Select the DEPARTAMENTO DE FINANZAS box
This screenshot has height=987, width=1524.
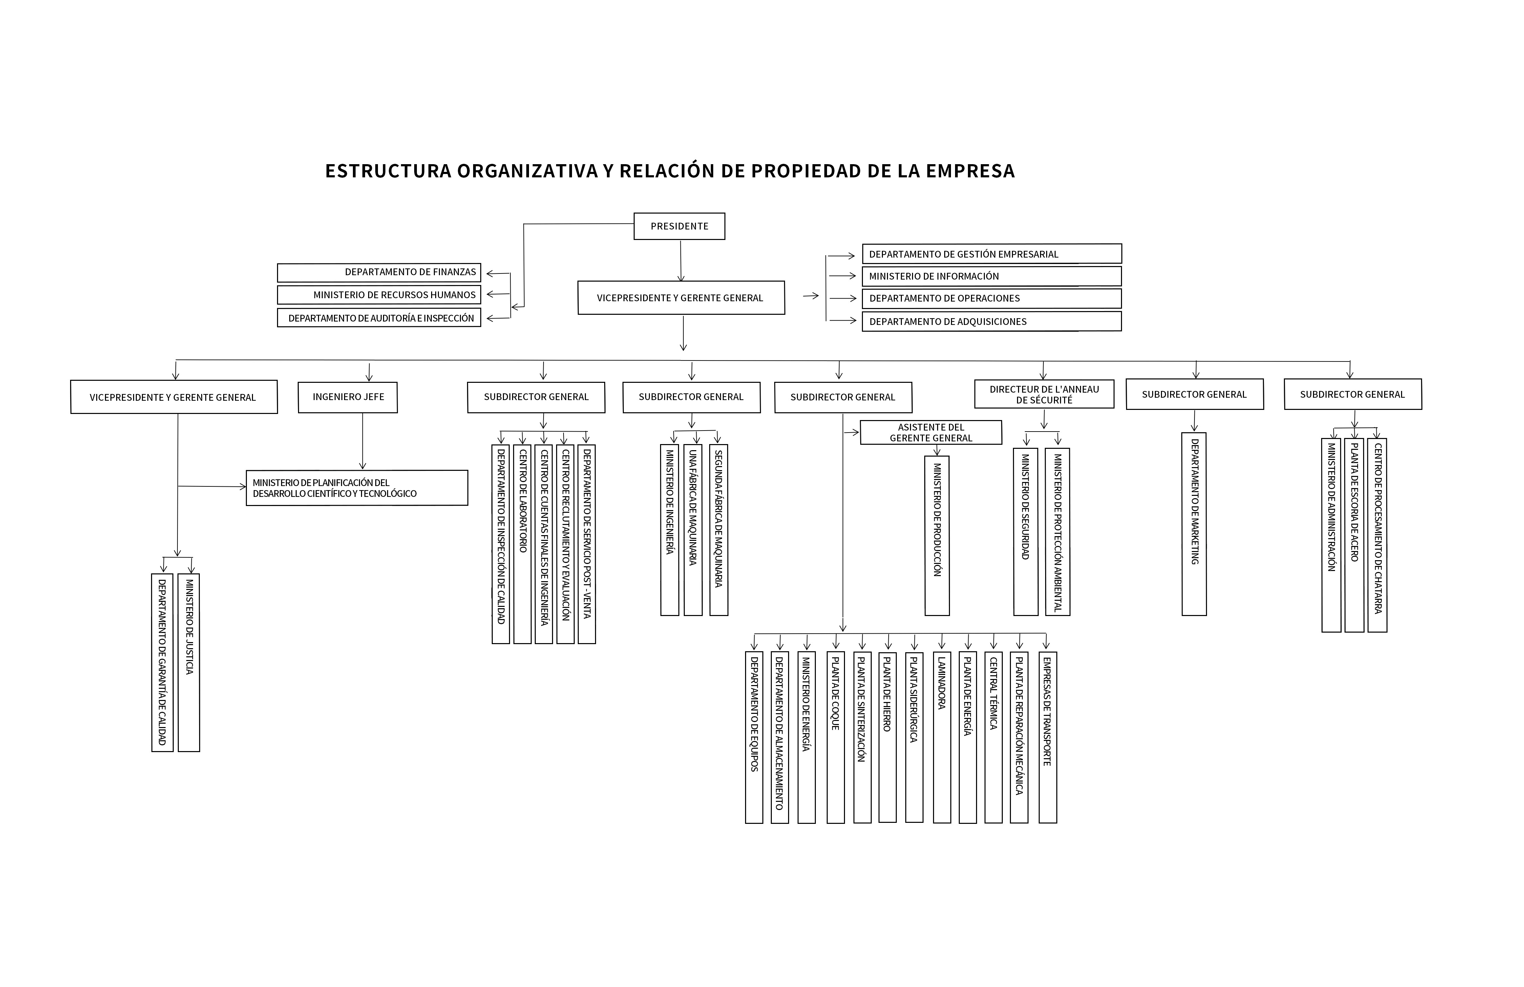(x=379, y=272)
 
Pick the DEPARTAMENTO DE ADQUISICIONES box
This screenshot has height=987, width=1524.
(x=991, y=321)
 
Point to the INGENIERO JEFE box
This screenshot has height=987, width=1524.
(x=348, y=397)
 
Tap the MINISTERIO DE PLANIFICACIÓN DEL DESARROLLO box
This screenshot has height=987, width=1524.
(x=357, y=488)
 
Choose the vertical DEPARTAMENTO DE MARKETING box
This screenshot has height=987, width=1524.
(x=1194, y=524)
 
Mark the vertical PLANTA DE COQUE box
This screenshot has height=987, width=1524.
(x=835, y=737)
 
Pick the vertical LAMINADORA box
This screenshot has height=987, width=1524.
(x=942, y=737)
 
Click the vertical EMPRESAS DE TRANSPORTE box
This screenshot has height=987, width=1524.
(x=1047, y=737)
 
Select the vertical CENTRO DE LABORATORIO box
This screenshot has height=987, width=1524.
(x=523, y=544)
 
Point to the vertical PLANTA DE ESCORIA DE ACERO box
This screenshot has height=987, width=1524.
(x=1354, y=535)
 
